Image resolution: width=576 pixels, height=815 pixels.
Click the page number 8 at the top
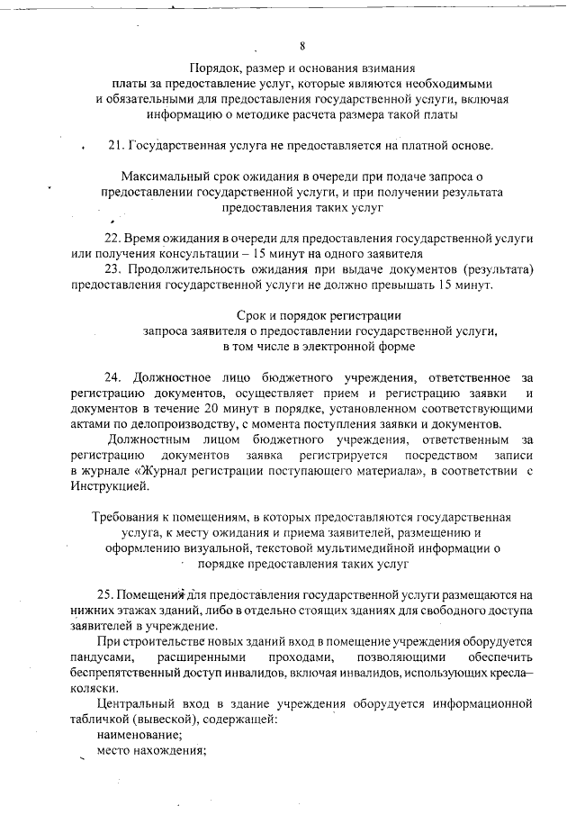[303, 46]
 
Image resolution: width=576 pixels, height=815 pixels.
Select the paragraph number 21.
[114, 145]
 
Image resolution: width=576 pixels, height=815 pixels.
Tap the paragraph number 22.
[112, 238]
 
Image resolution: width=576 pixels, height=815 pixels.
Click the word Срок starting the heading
[254, 315]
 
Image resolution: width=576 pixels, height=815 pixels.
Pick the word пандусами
[103, 657]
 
